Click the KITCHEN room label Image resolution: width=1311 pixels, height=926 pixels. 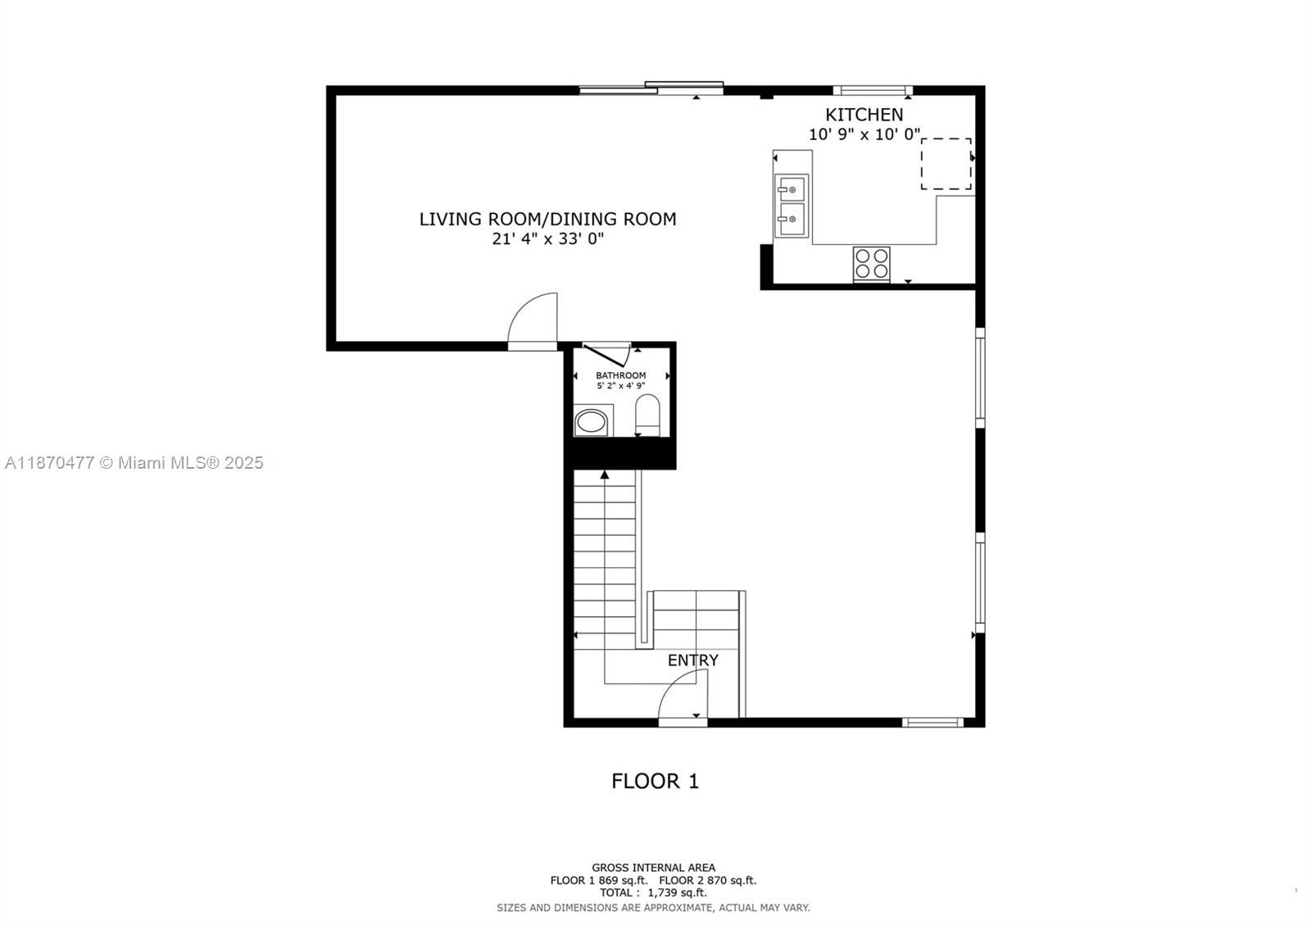click(x=864, y=115)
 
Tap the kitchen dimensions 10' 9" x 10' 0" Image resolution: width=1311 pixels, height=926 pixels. click(x=864, y=134)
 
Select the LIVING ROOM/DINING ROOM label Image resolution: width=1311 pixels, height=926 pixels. click(x=547, y=219)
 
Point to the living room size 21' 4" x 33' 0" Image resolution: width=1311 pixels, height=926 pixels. click(x=547, y=239)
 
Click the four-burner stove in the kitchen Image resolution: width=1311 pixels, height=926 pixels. click(x=871, y=264)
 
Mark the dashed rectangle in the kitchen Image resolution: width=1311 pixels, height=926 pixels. click(x=946, y=164)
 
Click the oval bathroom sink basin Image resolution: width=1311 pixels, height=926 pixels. click(x=592, y=423)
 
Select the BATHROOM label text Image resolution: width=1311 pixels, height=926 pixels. click(x=620, y=375)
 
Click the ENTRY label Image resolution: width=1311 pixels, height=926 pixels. click(x=692, y=660)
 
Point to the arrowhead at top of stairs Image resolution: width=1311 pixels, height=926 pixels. click(x=605, y=474)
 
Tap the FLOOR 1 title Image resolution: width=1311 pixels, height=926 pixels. click(x=655, y=781)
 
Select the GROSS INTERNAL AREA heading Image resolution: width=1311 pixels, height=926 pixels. click(x=653, y=867)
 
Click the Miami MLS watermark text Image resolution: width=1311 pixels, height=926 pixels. click(x=134, y=463)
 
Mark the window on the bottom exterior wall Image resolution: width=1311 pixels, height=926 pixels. click(x=932, y=722)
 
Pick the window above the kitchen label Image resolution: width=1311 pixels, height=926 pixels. click(x=872, y=90)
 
